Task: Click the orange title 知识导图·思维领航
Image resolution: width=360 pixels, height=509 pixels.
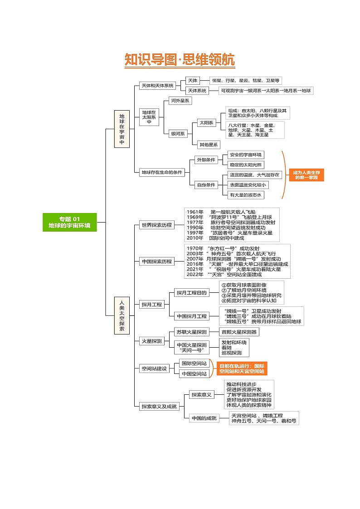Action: (180, 60)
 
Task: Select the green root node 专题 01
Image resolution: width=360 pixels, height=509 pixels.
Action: (69, 222)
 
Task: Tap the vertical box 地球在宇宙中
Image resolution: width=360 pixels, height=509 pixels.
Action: (122, 129)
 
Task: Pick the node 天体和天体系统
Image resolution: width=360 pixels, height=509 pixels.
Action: (157, 85)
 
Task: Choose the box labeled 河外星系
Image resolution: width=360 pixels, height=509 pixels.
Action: (180, 101)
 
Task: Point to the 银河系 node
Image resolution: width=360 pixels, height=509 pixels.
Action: (177, 134)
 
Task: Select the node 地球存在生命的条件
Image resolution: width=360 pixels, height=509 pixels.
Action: (161, 172)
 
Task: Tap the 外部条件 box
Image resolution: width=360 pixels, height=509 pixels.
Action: (205, 160)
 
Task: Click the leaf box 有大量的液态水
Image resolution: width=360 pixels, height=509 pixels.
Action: (245, 195)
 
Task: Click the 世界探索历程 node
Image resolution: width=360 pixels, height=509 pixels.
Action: (156, 225)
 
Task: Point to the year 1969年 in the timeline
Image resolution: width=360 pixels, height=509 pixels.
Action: (195, 217)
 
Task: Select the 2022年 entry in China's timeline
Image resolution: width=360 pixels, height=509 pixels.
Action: (195, 274)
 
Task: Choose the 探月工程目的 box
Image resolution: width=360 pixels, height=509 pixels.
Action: (191, 293)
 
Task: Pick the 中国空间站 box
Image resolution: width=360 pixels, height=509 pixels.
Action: (194, 374)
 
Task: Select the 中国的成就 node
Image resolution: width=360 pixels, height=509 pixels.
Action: (204, 418)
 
